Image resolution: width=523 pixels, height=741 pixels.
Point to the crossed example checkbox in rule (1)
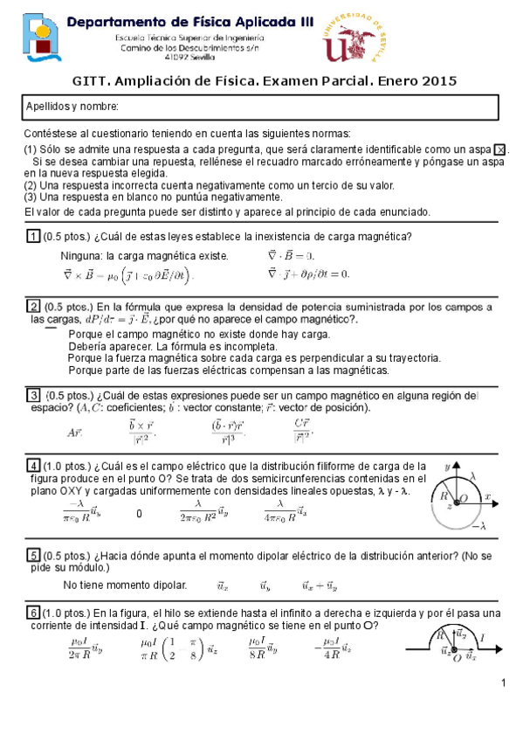click(499, 150)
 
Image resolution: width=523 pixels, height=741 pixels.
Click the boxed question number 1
click(32, 237)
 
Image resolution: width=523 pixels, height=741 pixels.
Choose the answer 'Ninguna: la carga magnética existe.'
click(144, 256)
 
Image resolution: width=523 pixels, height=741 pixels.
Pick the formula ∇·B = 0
click(290, 256)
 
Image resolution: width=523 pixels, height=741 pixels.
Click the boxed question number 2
click(32, 306)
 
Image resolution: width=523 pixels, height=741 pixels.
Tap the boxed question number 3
click(32, 394)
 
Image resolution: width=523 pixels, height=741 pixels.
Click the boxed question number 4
click(32, 464)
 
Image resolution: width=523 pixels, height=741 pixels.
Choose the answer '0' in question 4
click(140, 514)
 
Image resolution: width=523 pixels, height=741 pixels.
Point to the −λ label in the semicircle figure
click(478, 526)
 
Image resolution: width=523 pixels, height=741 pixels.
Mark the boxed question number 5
click(32, 555)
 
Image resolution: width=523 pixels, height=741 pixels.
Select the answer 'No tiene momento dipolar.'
click(126, 584)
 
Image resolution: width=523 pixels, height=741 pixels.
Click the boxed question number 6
click(32, 612)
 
